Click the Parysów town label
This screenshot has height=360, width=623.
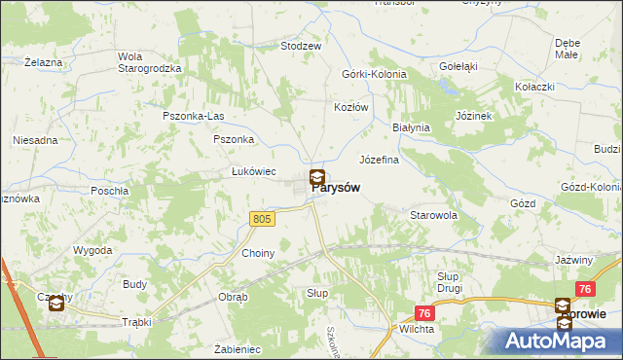point(339,191)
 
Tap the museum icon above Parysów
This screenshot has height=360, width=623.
point(317,178)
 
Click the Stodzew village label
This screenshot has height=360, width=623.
point(301,46)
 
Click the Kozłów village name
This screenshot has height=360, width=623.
point(351,107)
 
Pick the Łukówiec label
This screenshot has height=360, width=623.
point(254,172)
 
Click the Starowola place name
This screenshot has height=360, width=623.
point(433,214)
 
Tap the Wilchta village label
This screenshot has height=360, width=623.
point(417,330)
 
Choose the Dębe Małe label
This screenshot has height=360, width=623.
point(568,49)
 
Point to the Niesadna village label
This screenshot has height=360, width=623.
point(35,140)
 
